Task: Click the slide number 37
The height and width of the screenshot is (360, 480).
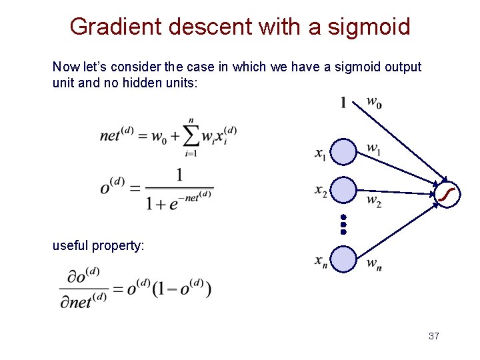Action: tap(433, 336)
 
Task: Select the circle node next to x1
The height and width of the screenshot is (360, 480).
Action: tap(344, 151)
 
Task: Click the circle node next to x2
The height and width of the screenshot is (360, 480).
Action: tap(344, 190)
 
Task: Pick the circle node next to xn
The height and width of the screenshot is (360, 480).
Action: tap(344, 259)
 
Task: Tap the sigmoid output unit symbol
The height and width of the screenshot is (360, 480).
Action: tap(447, 193)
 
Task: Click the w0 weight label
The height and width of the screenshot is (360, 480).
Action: tap(374, 103)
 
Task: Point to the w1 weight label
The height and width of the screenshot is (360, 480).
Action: tap(374, 148)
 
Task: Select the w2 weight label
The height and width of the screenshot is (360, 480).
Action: tap(374, 200)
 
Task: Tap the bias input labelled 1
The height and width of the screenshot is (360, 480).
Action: tap(343, 103)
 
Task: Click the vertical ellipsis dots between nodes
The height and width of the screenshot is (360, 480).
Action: tap(343, 225)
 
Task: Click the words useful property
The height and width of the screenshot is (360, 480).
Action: tap(98, 245)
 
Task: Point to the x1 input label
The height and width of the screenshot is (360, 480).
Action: tap(321, 154)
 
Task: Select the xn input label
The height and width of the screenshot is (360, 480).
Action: tap(321, 261)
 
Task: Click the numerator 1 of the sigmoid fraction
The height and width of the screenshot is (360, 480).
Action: tap(179, 175)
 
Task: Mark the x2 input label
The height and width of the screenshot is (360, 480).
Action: tap(321, 191)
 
